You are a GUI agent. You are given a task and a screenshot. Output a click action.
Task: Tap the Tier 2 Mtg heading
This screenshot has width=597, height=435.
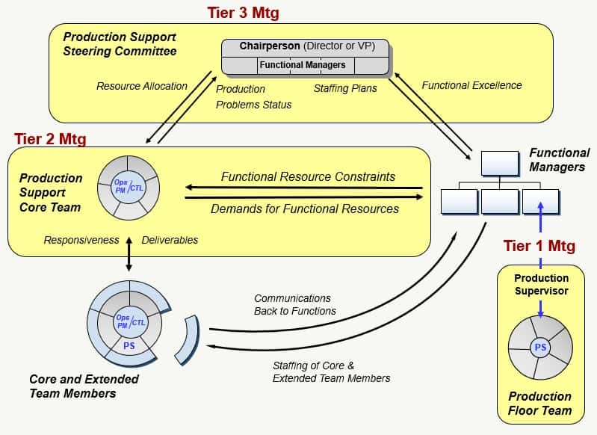pos(49,138)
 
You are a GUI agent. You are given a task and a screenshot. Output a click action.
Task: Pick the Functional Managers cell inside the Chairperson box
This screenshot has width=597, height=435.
pos(303,65)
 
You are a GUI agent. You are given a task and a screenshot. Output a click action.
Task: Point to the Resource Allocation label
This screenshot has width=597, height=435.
pos(142,86)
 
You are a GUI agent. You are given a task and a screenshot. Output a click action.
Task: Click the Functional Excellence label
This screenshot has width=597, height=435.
pos(471,85)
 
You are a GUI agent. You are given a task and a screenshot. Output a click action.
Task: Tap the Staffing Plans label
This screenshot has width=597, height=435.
pos(345,88)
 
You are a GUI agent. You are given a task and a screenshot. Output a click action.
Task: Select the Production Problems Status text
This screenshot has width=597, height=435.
pos(253,96)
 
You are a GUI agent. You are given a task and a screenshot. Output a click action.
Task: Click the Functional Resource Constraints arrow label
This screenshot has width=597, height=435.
pos(308,177)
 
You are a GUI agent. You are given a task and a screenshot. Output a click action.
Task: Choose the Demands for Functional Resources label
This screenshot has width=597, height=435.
pos(304,209)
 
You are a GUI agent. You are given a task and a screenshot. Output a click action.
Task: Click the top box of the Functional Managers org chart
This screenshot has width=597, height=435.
pos(499,163)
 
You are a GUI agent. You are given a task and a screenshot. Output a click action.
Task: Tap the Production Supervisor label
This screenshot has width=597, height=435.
pos(541,284)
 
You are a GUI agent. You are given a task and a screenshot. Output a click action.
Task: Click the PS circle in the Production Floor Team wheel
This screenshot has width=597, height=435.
pos(539,347)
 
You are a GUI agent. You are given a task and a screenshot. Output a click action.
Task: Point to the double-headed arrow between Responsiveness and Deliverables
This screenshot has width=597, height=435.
pos(129,256)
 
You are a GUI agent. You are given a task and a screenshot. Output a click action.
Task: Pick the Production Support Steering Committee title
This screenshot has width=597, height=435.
pos(120,43)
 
